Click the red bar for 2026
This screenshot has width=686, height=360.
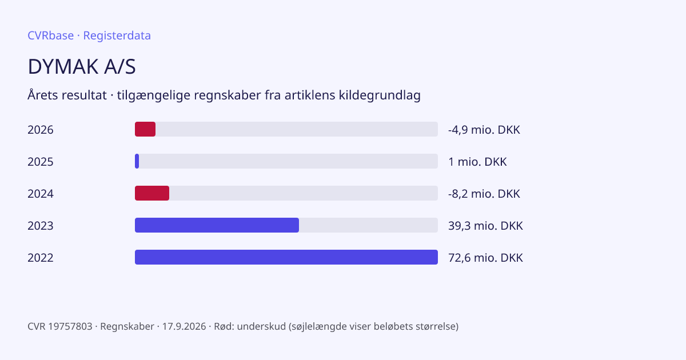coord(145,129)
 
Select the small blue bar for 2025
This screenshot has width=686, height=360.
coord(137,161)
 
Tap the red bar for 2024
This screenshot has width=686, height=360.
coord(152,193)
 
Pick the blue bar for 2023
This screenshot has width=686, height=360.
coord(217,225)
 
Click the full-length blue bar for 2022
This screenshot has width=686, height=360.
coord(286,257)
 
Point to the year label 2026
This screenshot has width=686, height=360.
coord(41,130)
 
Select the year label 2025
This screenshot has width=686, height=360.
coord(41,162)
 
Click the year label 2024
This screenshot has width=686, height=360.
coord(41,194)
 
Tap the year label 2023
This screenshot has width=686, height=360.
coord(41,226)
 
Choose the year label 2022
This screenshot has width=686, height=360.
coord(41,258)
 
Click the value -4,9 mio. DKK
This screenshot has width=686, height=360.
coord(484,130)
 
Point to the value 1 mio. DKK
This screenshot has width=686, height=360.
coord(477,162)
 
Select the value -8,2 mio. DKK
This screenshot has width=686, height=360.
coord(484,194)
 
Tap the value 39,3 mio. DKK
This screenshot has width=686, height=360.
coord(485,226)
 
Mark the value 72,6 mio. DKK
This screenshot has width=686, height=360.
coord(485,258)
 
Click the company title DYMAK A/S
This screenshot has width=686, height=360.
coord(81,66)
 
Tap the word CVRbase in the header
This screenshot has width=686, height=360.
coord(50,35)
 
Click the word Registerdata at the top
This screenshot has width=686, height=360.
coord(117,35)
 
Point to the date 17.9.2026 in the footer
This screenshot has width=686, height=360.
coord(184,326)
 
